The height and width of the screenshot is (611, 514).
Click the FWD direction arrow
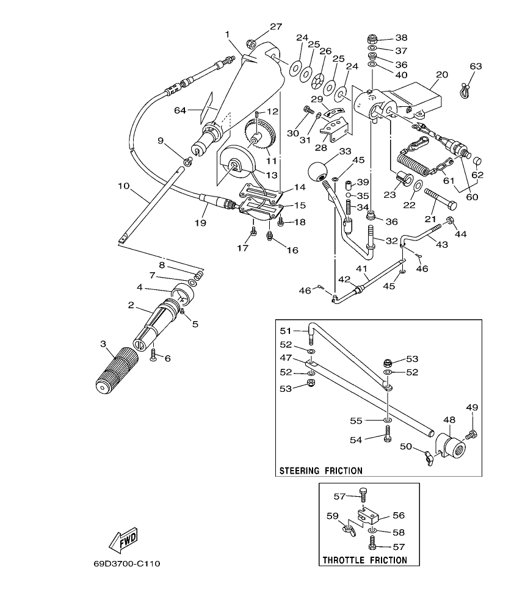pyautogui.click(x=123, y=539)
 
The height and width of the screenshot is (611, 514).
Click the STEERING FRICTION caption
pyautogui.click(x=320, y=471)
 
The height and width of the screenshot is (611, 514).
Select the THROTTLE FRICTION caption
pyautogui.click(x=364, y=560)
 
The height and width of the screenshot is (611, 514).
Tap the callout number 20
pyautogui.click(x=441, y=74)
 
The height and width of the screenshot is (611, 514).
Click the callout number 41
pyautogui.click(x=361, y=269)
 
